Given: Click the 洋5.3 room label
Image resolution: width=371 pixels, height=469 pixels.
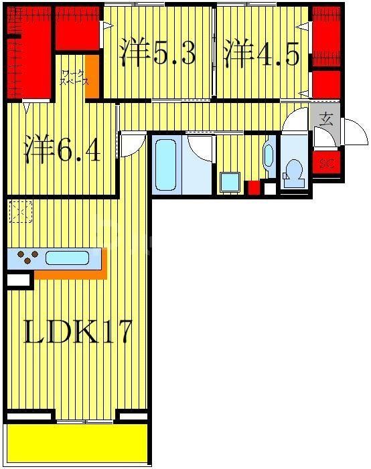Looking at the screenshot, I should [158, 53].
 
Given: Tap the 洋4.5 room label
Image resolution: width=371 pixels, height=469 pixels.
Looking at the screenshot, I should [261, 53].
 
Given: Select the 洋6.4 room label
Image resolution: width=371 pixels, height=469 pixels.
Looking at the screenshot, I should [64, 150].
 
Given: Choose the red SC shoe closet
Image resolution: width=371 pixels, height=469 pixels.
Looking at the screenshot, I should [326, 163].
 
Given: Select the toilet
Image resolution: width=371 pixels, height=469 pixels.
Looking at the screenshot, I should [294, 173].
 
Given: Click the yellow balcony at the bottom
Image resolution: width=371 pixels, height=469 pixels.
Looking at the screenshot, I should [77, 443].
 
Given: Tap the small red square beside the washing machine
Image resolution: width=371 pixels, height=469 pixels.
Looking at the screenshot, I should [253, 187].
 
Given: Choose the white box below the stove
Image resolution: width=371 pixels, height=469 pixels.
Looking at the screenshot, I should [18, 280].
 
